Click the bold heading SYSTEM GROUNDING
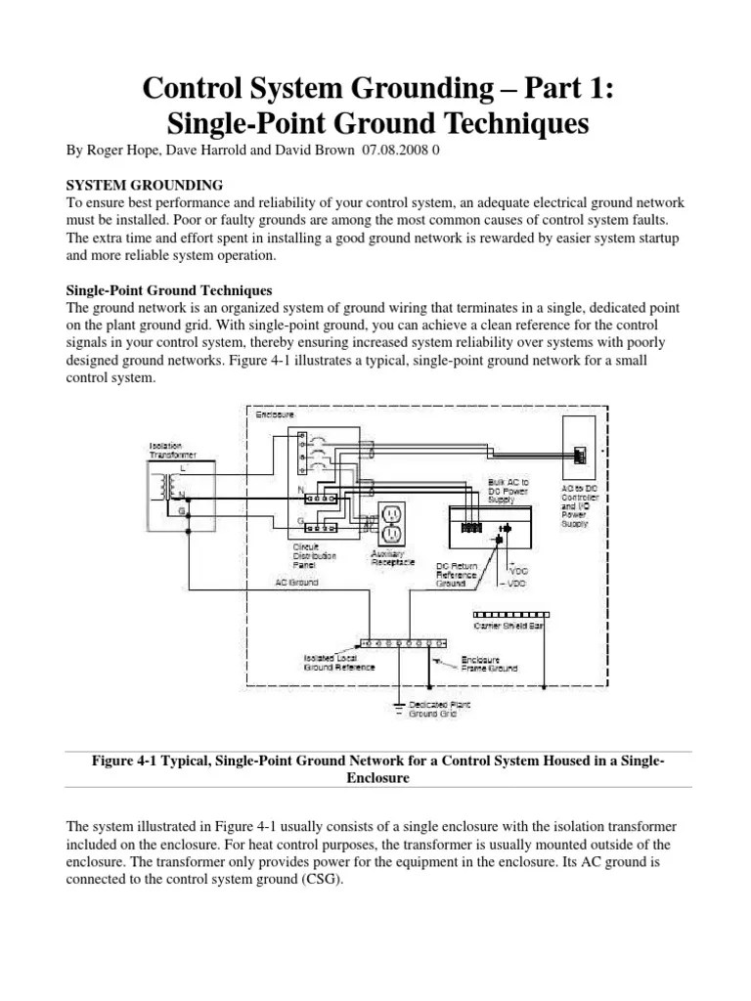tap(144, 185)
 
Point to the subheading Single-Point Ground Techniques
tap(168, 290)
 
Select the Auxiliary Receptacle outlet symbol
tap(392, 525)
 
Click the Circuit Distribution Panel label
tap(316, 556)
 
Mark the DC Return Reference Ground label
tap(458, 575)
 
